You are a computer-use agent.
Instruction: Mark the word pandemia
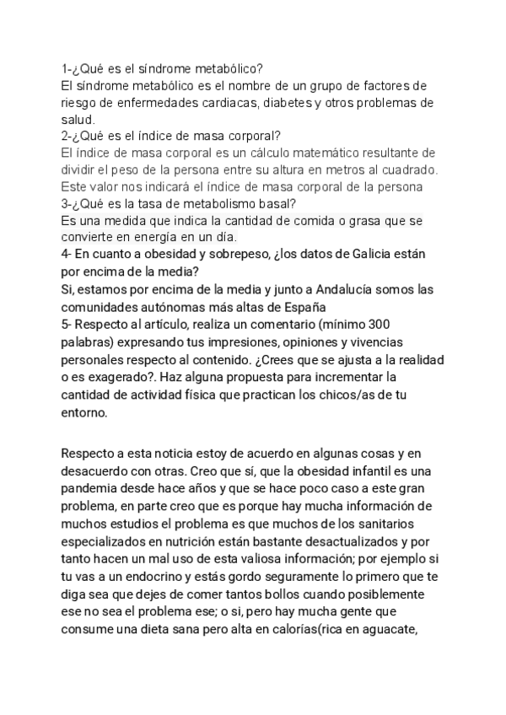[90, 488]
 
